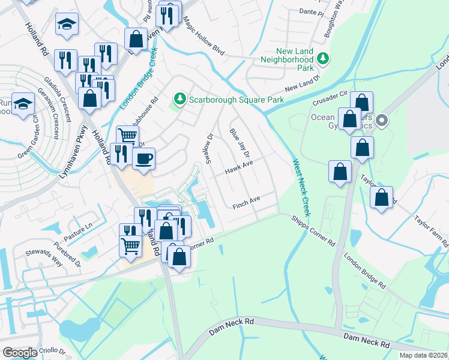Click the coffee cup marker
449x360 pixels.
click(x=143, y=159)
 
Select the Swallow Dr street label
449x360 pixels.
click(x=211, y=145)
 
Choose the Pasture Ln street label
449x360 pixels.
click(x=79, y=233)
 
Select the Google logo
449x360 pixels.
click(x=20, y=353)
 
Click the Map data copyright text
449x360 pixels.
click(x=423, y=355)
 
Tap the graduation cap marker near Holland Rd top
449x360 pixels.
click(x=67, y=24)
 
